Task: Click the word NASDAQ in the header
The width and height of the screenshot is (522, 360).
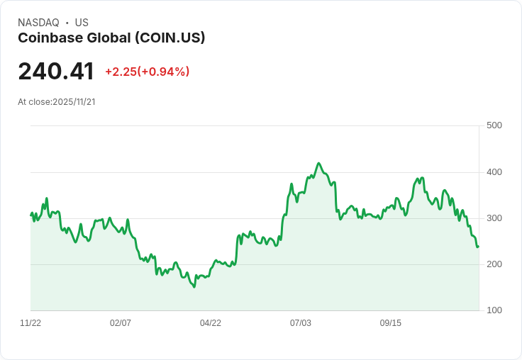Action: coord(38,23)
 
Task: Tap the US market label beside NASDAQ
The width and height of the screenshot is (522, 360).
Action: coord(82,23)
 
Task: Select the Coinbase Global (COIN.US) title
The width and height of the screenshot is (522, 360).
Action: coord(111,38)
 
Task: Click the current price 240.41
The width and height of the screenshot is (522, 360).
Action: coord(56,72)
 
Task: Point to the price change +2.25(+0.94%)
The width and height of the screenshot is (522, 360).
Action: coord(147,72)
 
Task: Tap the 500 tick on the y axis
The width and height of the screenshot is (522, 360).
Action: coord(494,125)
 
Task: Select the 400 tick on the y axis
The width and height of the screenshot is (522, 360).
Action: coord(494,172)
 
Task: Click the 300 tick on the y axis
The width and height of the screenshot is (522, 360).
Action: coord(494,218)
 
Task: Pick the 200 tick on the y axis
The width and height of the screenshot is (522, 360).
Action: coord(494,264)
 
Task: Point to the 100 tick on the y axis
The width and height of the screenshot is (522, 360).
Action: coord(494,310)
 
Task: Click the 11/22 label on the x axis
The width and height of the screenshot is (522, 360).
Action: coord(30,323)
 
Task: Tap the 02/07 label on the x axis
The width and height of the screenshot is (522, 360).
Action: coord(121,323)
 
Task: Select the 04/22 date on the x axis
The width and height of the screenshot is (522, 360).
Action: coord(211,323)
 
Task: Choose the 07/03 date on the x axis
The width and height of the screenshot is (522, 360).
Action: coord(301,323)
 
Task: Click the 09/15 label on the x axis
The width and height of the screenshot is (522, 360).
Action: coord(391,323)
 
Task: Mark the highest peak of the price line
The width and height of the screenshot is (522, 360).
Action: coord(318,163)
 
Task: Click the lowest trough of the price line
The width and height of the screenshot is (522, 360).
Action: coord(194,287)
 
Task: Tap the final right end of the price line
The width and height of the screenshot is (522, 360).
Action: coord(478,247)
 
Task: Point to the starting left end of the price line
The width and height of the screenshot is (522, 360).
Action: coord(31,214)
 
